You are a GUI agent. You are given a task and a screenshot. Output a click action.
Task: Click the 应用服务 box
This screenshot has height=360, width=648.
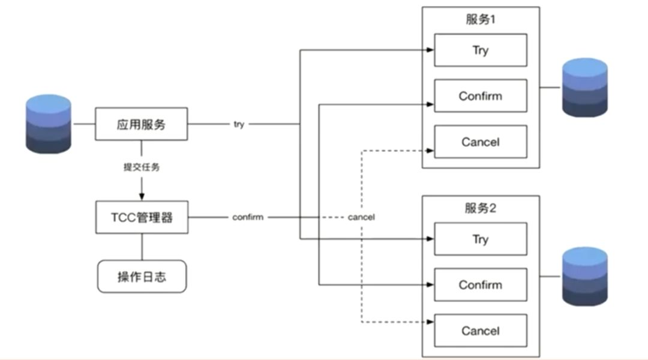[142, 124]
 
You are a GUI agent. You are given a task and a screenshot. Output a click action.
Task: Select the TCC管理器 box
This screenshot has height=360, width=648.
[142, 217]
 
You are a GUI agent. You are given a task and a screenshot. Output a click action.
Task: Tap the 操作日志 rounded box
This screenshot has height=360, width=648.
[142, 277]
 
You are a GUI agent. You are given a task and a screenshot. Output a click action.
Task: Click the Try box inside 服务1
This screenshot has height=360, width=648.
[481, 50]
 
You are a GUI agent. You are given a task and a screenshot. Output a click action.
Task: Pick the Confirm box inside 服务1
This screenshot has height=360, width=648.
[481, 96]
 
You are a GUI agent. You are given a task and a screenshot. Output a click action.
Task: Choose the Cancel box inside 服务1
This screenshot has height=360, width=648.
[481, 142]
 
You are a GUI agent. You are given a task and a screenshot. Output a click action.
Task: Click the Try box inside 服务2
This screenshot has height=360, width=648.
[481, 239]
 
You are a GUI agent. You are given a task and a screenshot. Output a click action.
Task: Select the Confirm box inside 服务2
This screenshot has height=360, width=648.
[481, 285]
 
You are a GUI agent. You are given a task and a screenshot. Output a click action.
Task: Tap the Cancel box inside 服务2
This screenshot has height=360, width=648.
[481, 331]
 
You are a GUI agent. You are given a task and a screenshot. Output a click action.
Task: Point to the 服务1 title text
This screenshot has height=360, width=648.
[480, 19]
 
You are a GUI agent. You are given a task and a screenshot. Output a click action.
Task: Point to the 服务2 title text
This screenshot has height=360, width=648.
[480, 208]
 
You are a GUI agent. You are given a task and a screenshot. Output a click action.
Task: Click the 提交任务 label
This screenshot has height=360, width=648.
[142, 167]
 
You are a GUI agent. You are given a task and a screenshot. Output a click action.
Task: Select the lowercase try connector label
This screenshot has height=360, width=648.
[239, 124]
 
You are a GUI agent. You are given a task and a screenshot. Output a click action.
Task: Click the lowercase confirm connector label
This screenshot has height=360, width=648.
[248, 217]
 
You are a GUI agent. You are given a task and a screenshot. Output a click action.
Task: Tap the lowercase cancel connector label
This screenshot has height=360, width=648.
[361, 217]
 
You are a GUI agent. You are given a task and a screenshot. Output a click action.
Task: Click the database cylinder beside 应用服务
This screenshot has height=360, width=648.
[49, 124]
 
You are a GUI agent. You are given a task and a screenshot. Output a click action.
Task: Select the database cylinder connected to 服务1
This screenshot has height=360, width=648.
[585, 88]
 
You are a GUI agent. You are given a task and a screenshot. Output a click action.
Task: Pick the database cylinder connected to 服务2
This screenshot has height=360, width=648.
[585, 277]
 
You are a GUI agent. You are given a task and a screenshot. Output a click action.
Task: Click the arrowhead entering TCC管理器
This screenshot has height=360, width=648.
[142, 196]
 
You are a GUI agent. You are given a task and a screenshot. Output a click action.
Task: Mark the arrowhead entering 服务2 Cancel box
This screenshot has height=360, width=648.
[430, 322]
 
